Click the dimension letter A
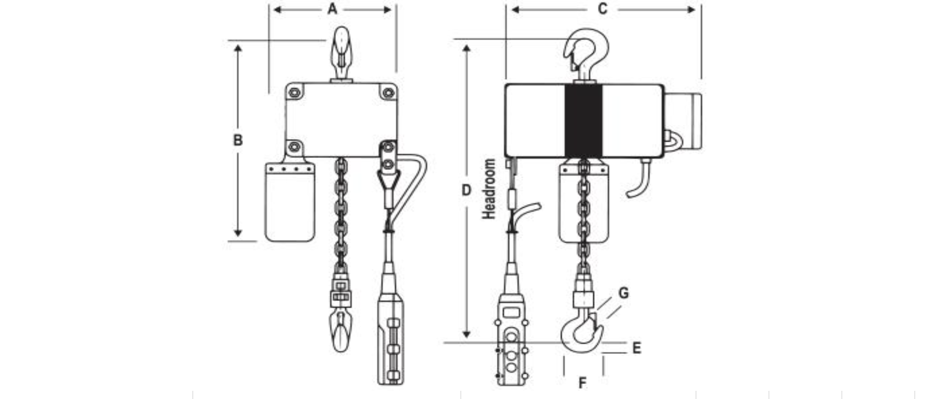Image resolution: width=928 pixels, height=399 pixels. (333, 9)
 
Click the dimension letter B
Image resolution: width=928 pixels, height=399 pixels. (237, 140)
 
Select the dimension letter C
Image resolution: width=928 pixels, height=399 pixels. (602, 9)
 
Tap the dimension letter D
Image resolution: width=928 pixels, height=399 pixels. (466, 190)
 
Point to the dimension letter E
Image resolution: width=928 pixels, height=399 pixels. (637, 348)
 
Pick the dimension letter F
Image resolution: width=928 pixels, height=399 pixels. (582, 384)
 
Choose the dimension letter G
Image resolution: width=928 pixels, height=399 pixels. (624, 293)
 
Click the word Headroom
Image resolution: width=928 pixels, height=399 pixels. (489, 189)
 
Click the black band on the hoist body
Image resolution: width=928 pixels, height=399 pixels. (583, 121)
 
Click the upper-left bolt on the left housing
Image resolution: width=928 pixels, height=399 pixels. (294, 92)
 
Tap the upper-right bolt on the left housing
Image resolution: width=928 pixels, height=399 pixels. (388, 92)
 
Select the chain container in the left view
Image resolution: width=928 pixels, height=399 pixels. (290, 201)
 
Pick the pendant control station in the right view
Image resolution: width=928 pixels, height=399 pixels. (511, 345)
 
